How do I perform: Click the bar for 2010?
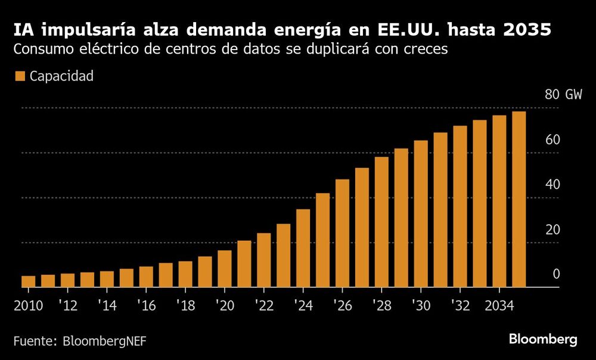click(29, 281)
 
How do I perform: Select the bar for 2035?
click(519, 199)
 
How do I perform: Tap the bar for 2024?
click(303, 248)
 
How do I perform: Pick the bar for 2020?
click(225, 268)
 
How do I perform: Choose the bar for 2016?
click(146, 277)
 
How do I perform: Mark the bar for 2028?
click(381, 222)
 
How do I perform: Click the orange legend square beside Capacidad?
click(19, 76)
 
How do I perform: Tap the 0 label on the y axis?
click(556, 274)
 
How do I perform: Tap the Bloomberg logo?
click(543, 339)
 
